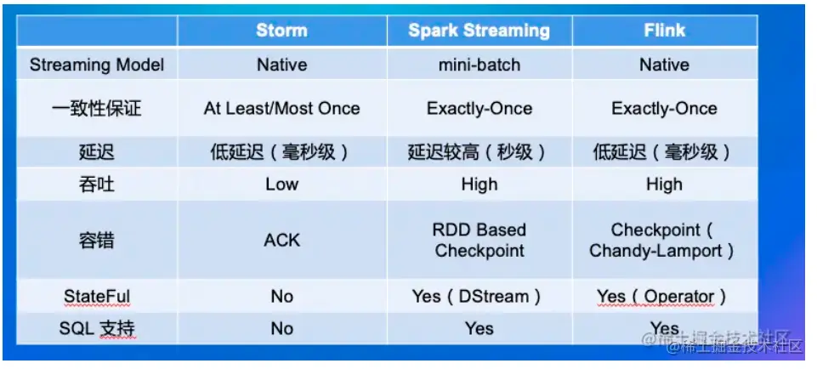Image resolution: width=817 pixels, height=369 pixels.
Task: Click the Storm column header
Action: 282,31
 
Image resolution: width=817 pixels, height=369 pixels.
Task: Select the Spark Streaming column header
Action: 479,31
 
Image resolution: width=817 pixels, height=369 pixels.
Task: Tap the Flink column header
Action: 664,31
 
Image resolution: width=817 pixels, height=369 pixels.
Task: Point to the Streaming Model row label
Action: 97,65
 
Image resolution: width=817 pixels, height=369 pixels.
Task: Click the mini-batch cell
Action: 479,65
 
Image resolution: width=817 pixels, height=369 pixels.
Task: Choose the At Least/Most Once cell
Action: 282,109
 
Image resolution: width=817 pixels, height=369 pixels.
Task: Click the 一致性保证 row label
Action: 97,109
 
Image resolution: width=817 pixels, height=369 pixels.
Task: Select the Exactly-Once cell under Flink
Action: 664,109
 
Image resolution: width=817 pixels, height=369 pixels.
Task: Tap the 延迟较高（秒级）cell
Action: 479,152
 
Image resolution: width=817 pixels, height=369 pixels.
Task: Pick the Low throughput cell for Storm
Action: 282,184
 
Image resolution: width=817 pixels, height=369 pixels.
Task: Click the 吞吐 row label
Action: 97,184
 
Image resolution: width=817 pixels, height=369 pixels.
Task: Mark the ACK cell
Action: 282,241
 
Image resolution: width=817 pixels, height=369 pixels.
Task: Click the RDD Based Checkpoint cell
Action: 479,241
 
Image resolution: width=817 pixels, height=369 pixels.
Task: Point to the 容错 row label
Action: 97,241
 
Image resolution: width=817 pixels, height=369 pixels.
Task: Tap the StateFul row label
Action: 97,296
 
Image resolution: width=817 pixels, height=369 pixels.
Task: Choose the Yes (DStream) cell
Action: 477,296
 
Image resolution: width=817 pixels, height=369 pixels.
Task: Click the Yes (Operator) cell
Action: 661,296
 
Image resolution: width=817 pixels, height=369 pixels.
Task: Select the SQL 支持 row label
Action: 97,328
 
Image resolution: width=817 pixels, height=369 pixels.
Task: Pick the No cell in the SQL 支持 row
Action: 282,328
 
